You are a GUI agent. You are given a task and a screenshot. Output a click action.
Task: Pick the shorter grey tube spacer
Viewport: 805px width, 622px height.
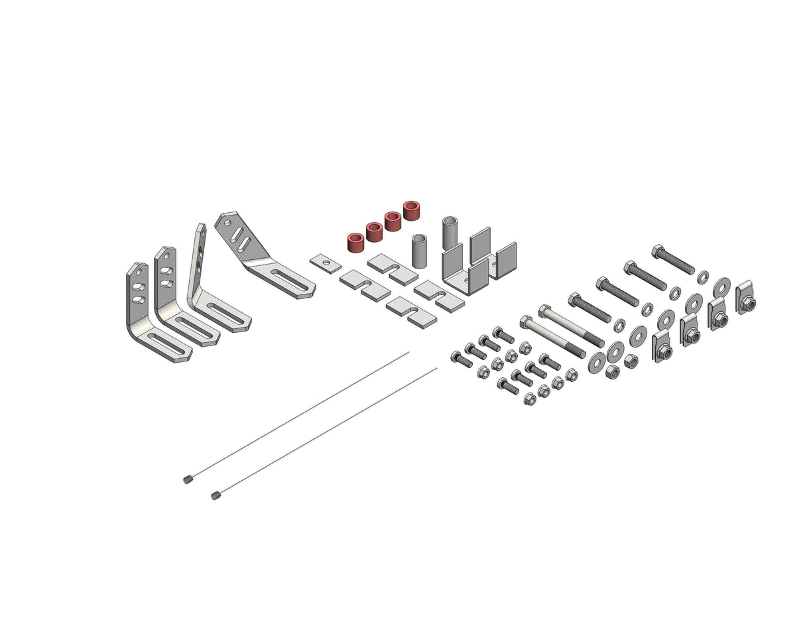419,250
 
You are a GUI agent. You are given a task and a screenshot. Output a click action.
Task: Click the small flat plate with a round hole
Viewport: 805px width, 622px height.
326,263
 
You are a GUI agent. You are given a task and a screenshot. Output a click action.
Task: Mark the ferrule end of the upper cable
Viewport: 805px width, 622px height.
187,479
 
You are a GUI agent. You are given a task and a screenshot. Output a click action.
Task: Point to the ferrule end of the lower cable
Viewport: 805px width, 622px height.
215,495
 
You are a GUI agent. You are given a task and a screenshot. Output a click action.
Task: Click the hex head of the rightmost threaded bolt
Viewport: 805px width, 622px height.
658,251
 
